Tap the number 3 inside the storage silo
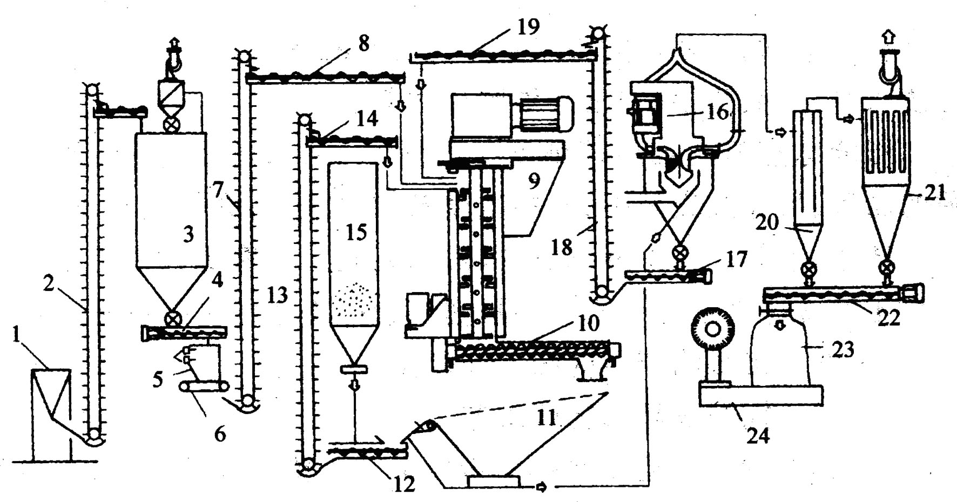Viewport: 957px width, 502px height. coord(187,235)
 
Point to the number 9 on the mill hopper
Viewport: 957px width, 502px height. coord(533,181)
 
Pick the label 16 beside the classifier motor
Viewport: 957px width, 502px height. coord(716,114)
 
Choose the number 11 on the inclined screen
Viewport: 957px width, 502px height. coord(546,417)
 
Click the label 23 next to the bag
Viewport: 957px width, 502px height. coord(844,350)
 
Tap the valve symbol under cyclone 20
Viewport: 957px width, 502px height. coord(808,269)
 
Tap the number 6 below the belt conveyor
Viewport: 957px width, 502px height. coord(220,433)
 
